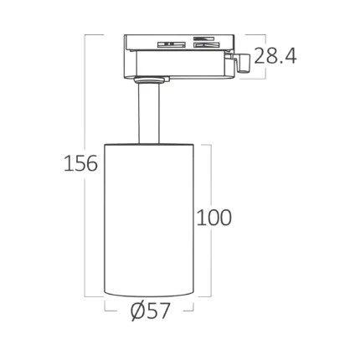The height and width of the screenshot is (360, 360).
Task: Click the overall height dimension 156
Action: [x=80, y=163]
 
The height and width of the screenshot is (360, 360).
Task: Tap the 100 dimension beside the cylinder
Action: [x=214, y=218]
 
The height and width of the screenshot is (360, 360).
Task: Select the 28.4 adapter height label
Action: [x=275, y=56]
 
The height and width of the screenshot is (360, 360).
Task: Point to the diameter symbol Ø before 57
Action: [x=139, y=311]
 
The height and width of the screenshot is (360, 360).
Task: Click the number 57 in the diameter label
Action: [x=158, y=311]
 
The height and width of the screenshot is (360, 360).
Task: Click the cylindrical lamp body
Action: [x=149, y=220]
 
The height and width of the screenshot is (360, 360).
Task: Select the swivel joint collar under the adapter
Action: [x=152, y=80]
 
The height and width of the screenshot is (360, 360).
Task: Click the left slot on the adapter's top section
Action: [x=171, y=44]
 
